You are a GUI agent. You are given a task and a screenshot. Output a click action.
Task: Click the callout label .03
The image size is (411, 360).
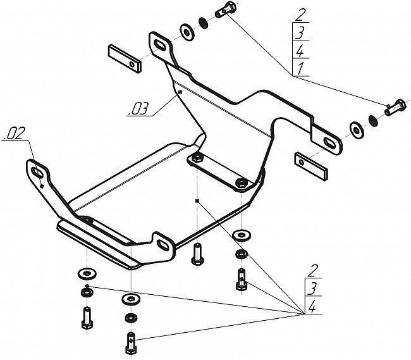click(x=138, y=109)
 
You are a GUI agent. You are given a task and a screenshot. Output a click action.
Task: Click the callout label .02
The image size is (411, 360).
click(x=15, y=133)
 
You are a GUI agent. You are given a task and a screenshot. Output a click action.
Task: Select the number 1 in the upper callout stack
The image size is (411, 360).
click(x=300, y=68)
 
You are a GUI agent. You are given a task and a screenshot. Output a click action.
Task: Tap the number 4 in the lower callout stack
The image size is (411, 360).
click(x=312, y=306)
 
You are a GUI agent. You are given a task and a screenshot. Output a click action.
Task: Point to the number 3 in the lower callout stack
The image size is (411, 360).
click(x=312, y=288)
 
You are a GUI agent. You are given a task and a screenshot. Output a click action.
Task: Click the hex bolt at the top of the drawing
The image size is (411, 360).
click(x=226, y=9)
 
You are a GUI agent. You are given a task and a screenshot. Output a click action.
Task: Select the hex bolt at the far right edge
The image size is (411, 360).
click(x=396, y=108)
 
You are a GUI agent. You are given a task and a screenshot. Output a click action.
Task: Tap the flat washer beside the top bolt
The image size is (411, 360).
click(x=187, y=32)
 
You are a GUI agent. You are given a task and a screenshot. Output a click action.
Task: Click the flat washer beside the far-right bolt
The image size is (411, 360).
click(x=357, y=130)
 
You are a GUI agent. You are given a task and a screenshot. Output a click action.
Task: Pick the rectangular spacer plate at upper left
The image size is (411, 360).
click(x=125, y=59)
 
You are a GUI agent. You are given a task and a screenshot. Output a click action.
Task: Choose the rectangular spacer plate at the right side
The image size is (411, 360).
click(x=311, y=166)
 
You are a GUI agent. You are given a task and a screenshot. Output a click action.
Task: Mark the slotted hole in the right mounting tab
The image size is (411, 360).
click(x=329, y=142)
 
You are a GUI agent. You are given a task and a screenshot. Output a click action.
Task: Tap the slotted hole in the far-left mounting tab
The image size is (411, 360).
click(x=37, y=171)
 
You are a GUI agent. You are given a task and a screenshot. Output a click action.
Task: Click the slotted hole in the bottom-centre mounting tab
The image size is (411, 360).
click(x=163, y=244)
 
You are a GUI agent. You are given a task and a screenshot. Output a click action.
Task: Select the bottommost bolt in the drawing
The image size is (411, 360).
click(x=131, y=343)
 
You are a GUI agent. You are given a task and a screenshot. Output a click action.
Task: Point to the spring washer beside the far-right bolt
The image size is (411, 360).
click(x=373, y=120)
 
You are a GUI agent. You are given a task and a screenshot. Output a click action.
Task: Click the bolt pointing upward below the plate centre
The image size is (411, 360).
click(x=197, y=254)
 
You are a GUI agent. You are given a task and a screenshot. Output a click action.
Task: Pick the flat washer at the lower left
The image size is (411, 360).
click(x=87, y=273)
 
